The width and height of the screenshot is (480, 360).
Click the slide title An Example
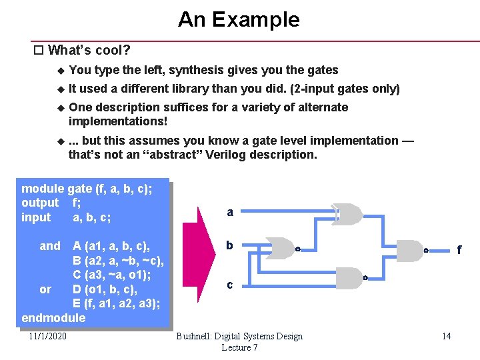[x=239, y=19]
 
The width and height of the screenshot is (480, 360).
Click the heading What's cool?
[x=89, y=50]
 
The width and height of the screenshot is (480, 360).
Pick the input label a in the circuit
[x=230, y=213]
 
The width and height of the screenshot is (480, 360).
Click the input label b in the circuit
[x=229, y=245]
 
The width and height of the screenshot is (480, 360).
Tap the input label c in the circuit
[x=230, y=285]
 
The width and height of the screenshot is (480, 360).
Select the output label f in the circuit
[x=459, y=251]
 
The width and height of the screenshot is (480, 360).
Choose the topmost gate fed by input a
[x=347, y=214]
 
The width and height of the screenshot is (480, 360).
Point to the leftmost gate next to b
[x=281, y=247]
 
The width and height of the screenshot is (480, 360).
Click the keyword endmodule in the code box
[x=53, y=317]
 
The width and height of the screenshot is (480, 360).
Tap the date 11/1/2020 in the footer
[x=48, y=336]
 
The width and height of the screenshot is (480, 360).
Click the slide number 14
[x=446, y=336]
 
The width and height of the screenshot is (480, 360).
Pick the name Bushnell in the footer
[x=198, y=336]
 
